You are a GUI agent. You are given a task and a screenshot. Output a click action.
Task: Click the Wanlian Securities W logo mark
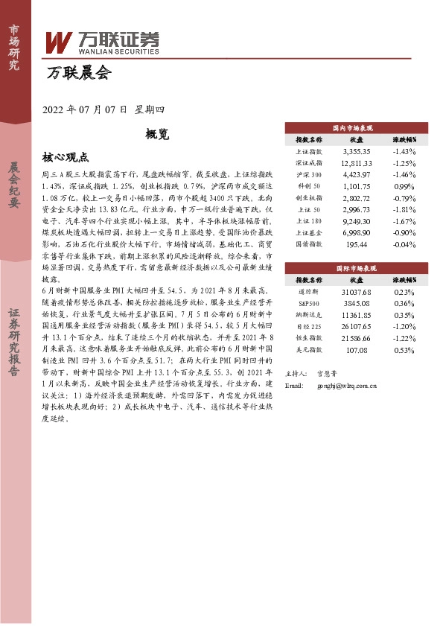point(59,42)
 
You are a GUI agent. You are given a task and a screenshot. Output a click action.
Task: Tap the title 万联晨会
point(77,73)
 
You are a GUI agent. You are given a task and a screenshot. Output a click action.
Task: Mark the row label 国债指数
point(308,244)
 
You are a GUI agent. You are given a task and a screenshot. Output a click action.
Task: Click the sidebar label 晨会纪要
point(14,184)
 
